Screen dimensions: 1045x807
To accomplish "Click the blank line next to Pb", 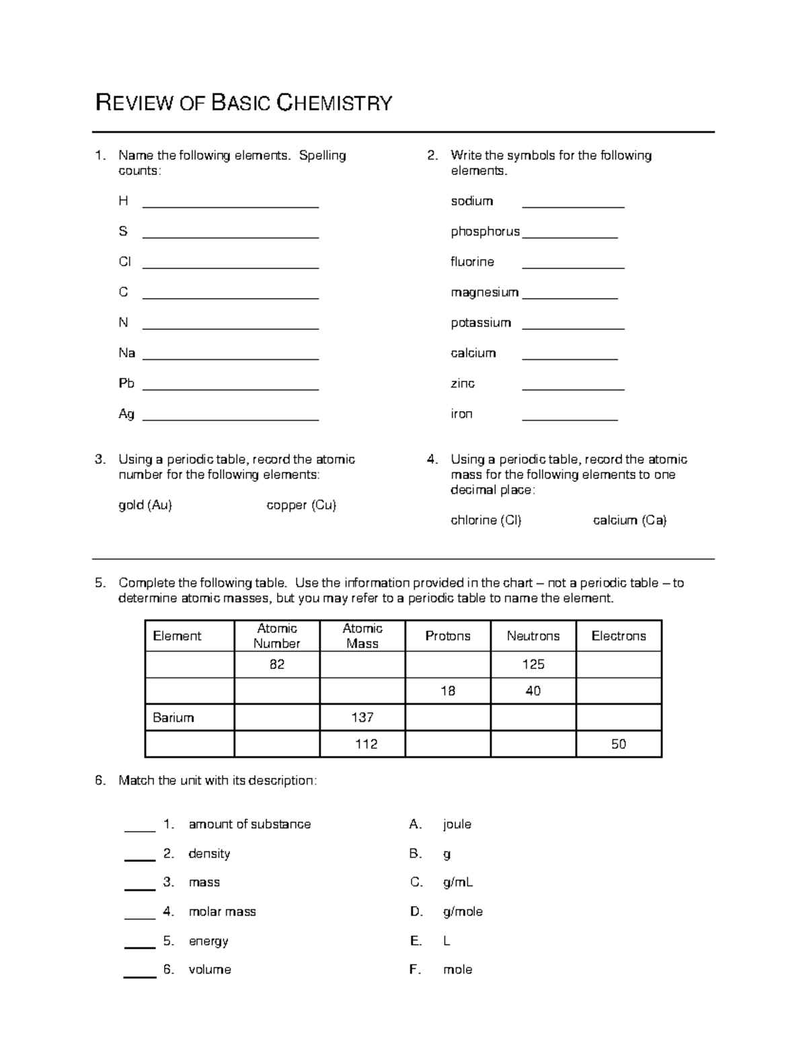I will point(231,388).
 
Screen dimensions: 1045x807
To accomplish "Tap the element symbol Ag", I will point(126,414).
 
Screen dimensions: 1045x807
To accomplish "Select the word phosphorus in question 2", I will point(485,231).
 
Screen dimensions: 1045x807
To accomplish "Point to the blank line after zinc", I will point(573,388).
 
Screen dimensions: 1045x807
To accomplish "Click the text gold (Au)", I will point(145,505).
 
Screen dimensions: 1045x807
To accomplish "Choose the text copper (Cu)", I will point(301,505).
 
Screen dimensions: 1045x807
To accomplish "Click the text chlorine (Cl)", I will point(486,520).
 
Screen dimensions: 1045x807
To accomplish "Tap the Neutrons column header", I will point(533,636).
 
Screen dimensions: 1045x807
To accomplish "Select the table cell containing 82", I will point(277,664).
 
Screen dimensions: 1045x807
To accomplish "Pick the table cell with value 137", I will point(362,717).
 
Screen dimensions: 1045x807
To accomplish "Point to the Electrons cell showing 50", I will point(619,744).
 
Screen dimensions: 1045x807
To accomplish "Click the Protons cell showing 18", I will point(448,691).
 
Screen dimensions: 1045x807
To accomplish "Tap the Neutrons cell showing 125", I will point(533,664).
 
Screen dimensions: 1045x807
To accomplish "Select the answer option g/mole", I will point(463,912).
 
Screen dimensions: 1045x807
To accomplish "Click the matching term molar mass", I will point(222,912).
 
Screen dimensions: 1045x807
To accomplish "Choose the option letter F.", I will point(415,970).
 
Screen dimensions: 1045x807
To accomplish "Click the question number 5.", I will point(100,583).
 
